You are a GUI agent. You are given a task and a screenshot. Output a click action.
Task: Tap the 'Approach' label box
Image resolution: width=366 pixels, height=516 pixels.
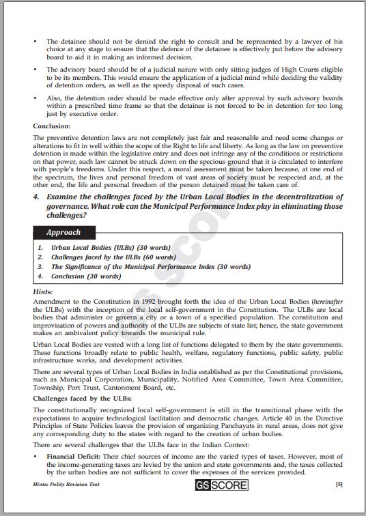point(64,232)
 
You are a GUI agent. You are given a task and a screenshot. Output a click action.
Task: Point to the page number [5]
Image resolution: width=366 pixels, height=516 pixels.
point(339,504)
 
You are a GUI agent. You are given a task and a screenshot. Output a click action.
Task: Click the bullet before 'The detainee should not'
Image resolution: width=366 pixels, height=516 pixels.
point(36,42)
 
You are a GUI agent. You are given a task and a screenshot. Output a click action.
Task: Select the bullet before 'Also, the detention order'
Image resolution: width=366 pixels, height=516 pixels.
point(36,98)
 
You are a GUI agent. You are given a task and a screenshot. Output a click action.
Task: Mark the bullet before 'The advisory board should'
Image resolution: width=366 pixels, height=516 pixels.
point(36,70)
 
